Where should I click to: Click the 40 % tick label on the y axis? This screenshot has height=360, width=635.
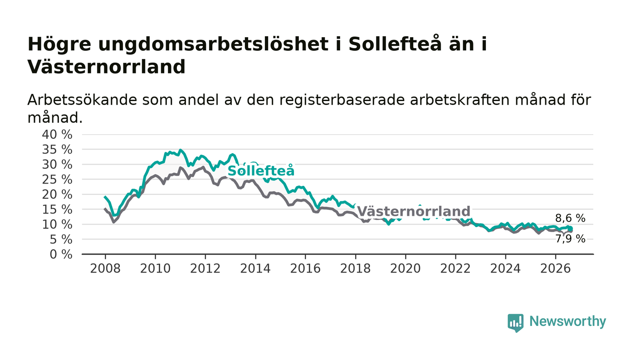pyautogui.click(x=57, y=134)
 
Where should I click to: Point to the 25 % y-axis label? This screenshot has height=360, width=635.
pyautogui.click(x=57, y=180)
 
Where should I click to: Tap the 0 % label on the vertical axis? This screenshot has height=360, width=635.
pyautogui.click(x=61, y=254)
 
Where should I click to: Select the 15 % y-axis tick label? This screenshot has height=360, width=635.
pyautogui.click(x=57, y=209)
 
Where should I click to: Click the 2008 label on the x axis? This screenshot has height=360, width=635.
pyautogui.click(x=105, y=268)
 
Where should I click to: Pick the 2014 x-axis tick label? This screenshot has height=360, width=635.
pyautogui.click(x=255, y=268)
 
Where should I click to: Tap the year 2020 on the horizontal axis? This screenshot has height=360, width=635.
pyautogui.click(x=405, y=268)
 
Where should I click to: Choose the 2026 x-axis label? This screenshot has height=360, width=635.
pyautogui.click(x=555, y=268)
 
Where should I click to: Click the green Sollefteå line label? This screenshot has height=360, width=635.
pyautogui.click(x=261, y=171)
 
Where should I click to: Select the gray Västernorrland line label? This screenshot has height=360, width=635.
pyautogui.click(x=414, y=211)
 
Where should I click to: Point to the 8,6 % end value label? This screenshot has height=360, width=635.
pyautogui.click(x=570, y=218)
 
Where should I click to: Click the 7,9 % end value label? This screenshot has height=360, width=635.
pyautogui.click(x=570, y=239)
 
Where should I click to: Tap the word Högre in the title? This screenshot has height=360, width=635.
pyautogui.click(x=59, y=44)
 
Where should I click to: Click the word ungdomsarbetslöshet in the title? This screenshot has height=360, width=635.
pyautogui.click(x=214, y=44)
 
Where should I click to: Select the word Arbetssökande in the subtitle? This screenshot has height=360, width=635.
pyautogui.click(x=82, y=100)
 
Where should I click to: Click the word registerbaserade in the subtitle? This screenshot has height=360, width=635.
pyautogui.click(x=342, y=101)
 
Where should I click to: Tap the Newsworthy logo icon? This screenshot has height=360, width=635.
pyautogui.click(x=515, y=322)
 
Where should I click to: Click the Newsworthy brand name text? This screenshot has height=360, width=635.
pyautogui.click(x=567, y=321)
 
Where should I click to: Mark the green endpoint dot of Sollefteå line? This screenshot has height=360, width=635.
pyautogui.click(x=570, y=229)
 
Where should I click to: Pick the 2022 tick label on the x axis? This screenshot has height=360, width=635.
pyautogui.click(x=455, y=268)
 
